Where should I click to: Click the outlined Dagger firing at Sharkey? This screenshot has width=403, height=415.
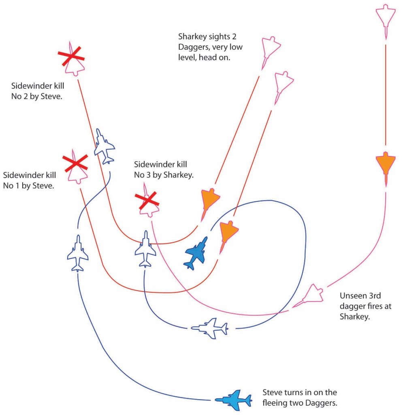pos(311,295)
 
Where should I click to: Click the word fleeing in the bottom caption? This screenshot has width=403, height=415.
pos(277,403)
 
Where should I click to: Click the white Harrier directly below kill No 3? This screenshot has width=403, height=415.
pos(145,249)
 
